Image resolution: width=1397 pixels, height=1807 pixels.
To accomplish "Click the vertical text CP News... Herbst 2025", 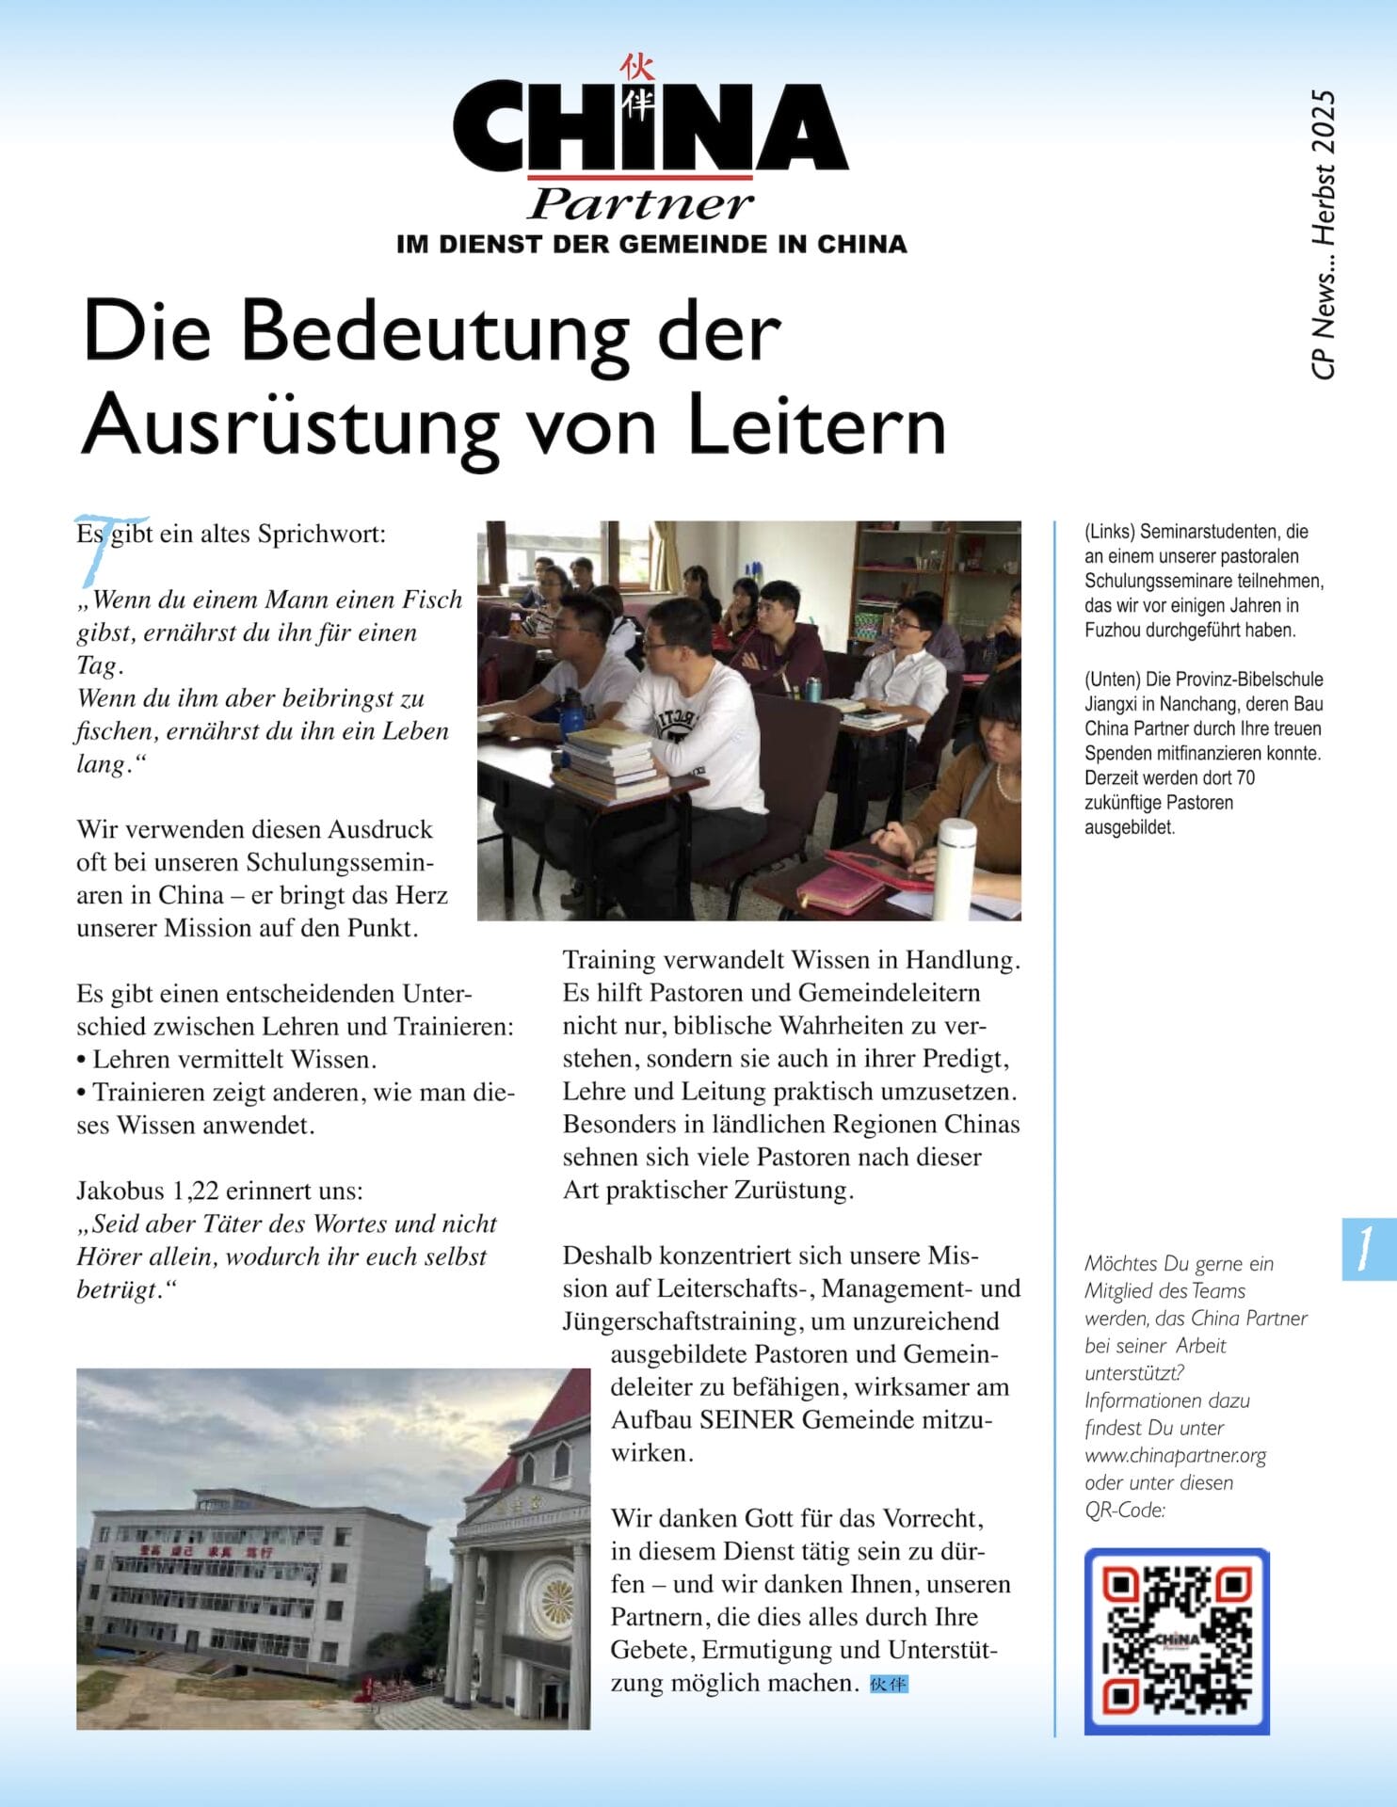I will coord(1323,235).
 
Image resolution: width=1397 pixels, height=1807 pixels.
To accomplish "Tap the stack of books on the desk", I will coord(612,764).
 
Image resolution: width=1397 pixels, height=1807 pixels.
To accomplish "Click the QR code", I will coord(1177,1641).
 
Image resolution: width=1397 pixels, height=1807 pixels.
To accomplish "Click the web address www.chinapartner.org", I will coord(1175,1455).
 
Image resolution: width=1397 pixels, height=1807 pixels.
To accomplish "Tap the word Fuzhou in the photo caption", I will coord(1113,631).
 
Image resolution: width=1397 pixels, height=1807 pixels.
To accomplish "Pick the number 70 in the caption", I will coord(1244,778).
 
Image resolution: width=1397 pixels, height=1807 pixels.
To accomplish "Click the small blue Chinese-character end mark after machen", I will coord(888,1684).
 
